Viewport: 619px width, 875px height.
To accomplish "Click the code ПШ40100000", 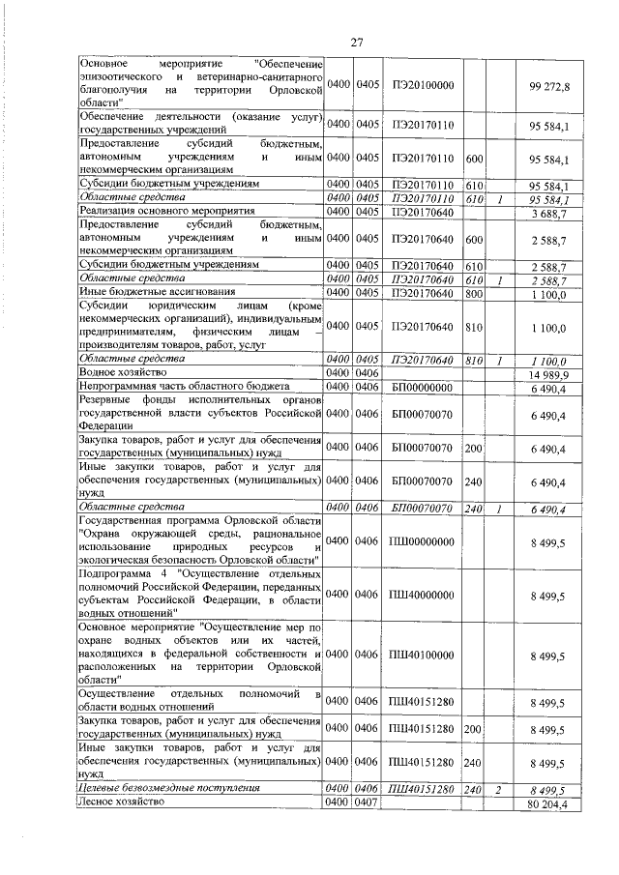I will pyautogui.click(x=423, y=655).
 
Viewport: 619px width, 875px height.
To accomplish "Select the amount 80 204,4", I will pyautogui.click(x=548, y=803).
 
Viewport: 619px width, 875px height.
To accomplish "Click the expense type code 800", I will pyautogui.click(x=474, y=293).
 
